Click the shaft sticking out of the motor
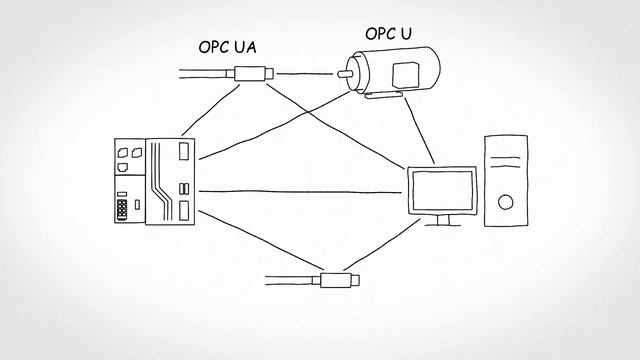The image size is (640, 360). coord(346,72)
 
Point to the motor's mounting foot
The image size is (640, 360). coord(381,96)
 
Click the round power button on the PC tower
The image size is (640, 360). coord(505,201)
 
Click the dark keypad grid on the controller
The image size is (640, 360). coord(122,208)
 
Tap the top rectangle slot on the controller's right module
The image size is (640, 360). coord(183,150)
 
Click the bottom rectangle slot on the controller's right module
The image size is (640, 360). coord(183,210)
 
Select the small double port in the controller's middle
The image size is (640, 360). coord(182,189)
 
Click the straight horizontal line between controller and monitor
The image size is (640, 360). coord(300,191)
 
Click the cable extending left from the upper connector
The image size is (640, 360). coord(205,72)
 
